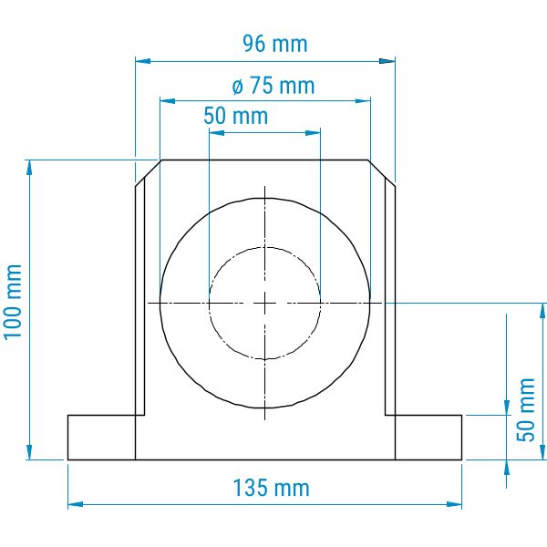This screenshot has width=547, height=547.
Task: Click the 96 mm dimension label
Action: [275, 44]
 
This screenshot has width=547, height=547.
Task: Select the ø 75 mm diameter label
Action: [273, 86]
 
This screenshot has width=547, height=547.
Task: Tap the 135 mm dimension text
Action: [271, 488]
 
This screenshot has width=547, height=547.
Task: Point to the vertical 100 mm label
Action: [13, 302]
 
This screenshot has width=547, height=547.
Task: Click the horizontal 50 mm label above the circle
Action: [236, 116]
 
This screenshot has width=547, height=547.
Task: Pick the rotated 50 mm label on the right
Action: [526, 409]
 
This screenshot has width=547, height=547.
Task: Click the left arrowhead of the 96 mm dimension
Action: [143, 61]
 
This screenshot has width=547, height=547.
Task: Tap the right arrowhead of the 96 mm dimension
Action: [387, 61]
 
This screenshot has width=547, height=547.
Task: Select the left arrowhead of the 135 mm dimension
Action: [76, 504]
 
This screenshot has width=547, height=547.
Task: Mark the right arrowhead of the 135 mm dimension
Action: [454, 504]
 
